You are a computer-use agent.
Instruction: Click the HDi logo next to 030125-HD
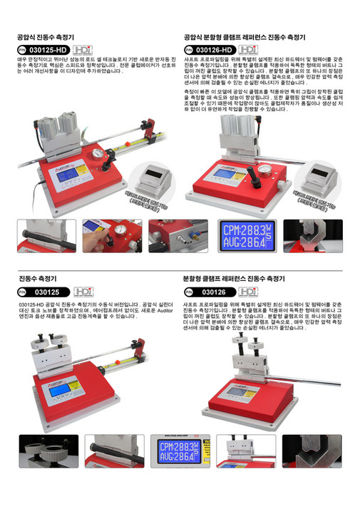pos(83,49)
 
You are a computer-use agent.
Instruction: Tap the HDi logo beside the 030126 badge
pos(247,292)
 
